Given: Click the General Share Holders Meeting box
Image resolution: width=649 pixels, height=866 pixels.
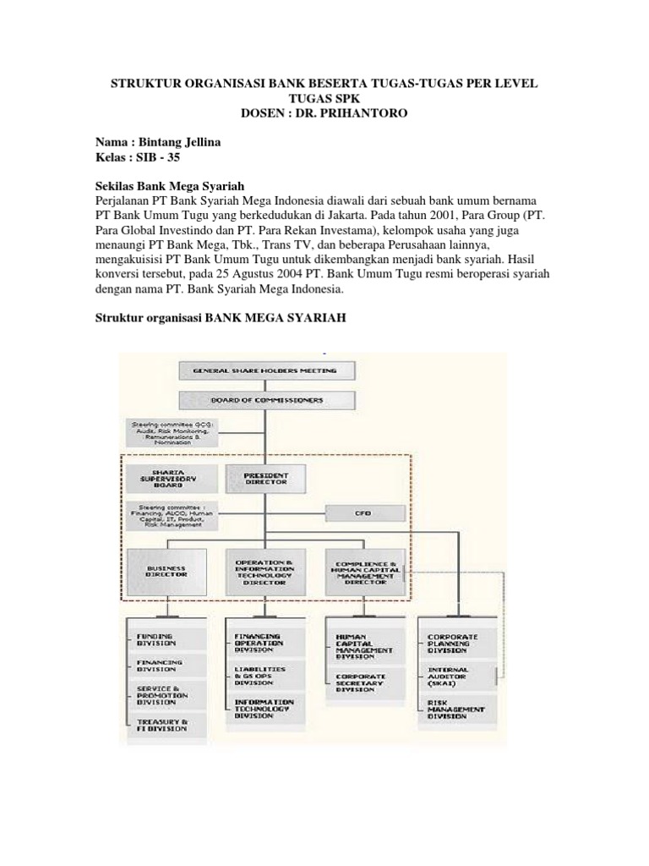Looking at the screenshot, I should pyautogui.click(x=265, y=370).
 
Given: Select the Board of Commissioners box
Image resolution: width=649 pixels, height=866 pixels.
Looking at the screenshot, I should pyautogui.click(x=265, y=400).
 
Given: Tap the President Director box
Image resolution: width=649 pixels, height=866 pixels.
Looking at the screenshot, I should pyautogui.click(x=265, y=479).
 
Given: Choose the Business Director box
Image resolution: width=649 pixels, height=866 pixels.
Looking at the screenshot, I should pyautogui.click(x=166, y=572).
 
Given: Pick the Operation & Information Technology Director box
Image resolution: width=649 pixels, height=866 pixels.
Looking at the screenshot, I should pyautogui.click(x=265, y=572).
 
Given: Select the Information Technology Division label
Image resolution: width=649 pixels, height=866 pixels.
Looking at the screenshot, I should pyautogui.click(x=265, y=708).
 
